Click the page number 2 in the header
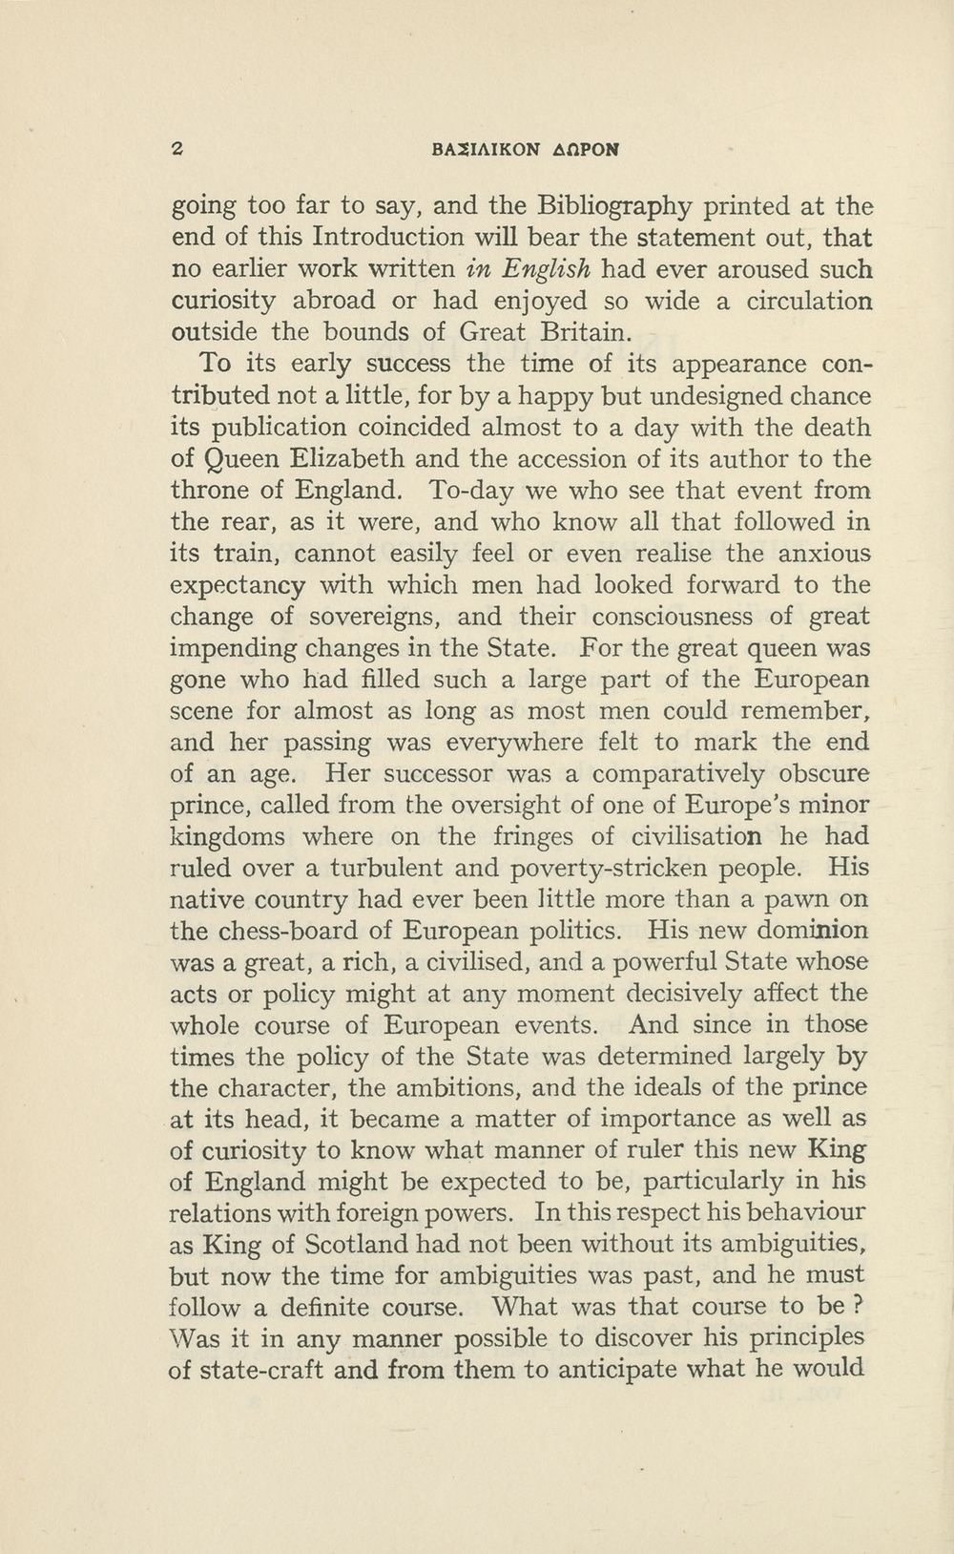[x=176, y=149]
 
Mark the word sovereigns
[x=373, y=617]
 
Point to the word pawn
[x=811, y=899]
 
